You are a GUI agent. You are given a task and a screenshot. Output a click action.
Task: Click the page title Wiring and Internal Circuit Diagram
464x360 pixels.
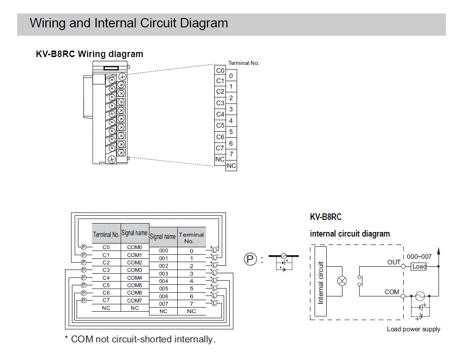point(129,23)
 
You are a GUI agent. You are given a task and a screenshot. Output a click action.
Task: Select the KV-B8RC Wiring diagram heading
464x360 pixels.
point(90,54)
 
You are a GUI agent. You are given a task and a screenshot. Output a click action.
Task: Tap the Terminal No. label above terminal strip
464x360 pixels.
point(243,63)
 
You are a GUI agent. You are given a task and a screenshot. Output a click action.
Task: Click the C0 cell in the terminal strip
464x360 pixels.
point(220,71)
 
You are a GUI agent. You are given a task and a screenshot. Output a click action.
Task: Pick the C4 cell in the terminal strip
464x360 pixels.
point(220,114)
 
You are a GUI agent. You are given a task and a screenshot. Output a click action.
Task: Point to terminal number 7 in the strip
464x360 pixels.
point(231,154)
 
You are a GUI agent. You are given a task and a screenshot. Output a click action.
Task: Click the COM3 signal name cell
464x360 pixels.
point(135,270)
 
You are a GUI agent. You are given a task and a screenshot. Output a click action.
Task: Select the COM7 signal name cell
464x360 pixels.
point(135,300)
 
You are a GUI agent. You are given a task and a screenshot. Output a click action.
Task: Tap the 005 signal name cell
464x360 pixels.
point(163,289)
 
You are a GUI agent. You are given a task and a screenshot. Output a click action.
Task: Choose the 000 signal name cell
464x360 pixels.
point(163,251)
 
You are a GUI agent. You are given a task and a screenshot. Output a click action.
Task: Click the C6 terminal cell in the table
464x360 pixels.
point(106,293)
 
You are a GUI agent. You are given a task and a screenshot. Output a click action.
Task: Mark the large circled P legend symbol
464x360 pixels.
point(251,259)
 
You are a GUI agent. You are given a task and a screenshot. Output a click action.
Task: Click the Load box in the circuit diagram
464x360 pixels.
point(419,267)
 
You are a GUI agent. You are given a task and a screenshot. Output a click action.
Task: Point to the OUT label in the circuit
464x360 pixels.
point(393,262)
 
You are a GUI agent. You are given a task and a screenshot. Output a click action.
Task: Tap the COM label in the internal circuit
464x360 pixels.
point(392,292)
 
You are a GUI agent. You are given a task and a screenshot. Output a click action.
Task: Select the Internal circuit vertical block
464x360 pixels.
point(321,282)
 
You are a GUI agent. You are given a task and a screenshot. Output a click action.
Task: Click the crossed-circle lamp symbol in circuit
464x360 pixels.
point(342,281)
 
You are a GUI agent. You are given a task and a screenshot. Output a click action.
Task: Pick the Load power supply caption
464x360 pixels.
point(413,329)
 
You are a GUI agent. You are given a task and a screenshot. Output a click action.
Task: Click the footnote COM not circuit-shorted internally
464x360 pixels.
point(140,339)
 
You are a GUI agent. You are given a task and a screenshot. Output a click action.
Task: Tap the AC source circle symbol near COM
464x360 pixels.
point(420,296)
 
